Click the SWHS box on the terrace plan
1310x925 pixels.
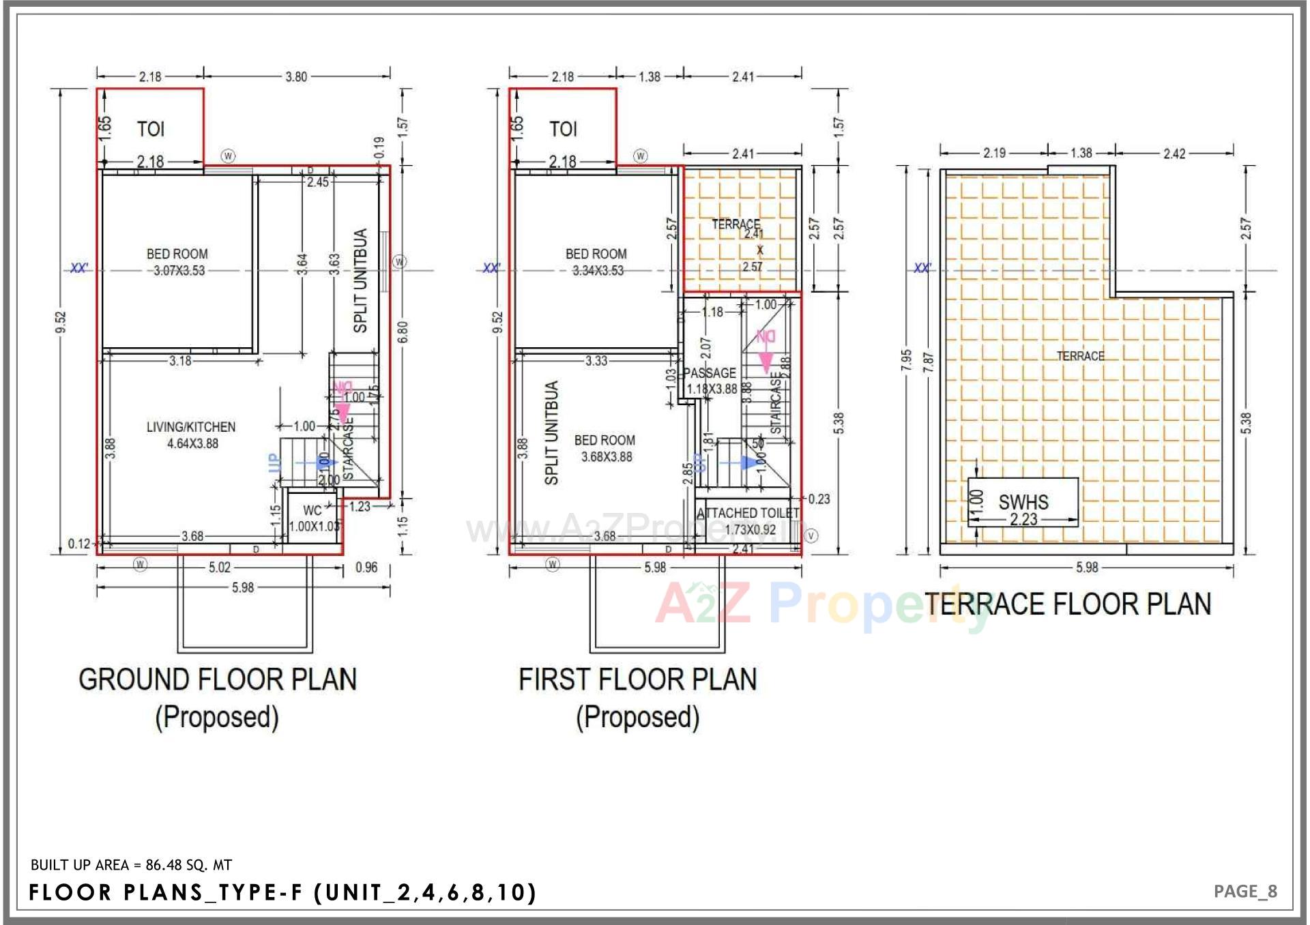1023,502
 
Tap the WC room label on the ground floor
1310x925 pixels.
312,510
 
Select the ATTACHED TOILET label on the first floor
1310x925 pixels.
748,513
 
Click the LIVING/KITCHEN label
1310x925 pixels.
191,427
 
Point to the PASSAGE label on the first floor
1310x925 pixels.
710,373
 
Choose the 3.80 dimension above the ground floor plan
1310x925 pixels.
296,77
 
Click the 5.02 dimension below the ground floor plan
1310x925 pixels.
220,568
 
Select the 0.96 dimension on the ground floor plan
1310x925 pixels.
366,568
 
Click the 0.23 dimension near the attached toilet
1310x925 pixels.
819,499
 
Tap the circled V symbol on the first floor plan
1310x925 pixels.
811,536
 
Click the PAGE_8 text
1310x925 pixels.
1245,892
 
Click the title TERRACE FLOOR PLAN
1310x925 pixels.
1068,604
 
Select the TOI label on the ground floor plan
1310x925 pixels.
151,129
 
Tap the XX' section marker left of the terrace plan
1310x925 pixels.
922,268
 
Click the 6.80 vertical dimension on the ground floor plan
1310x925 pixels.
403,332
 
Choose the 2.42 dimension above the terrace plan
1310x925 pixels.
1174,153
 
